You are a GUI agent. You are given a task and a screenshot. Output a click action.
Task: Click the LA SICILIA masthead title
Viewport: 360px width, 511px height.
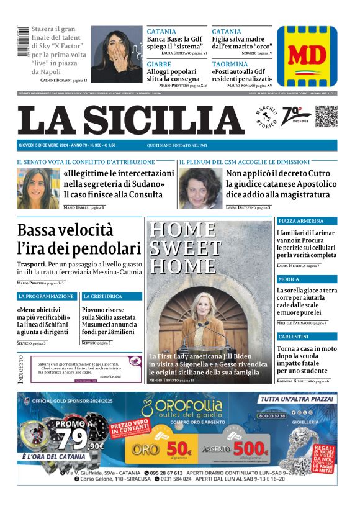click(x=130, y=119)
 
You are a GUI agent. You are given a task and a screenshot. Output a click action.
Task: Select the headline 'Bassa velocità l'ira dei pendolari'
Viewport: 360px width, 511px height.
click(x=79, y=239)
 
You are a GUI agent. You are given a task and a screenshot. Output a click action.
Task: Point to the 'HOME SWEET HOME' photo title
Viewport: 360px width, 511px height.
click(x=184, y=247)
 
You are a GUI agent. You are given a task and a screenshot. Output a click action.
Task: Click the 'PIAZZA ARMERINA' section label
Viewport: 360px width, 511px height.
click(x=301, y=221)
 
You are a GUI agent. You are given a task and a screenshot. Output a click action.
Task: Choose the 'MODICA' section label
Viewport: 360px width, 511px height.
click(x=288, y=279)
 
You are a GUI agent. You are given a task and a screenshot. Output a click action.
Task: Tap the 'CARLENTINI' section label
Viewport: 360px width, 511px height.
click(x=294, y=336)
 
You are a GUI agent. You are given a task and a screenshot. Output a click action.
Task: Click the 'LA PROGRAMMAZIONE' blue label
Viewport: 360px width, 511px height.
click(x=46, y=297)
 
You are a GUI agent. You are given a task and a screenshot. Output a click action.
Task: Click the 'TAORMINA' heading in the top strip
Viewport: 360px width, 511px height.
click(x=230, y=64)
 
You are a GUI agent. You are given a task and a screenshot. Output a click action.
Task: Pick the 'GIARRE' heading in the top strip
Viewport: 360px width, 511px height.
click(x=159, y=64)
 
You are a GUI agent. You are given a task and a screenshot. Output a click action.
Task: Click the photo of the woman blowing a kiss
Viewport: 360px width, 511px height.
click(x=117, y=54)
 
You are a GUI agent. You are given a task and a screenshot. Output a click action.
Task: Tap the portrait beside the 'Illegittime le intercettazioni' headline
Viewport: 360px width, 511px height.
click(x=38, y=188)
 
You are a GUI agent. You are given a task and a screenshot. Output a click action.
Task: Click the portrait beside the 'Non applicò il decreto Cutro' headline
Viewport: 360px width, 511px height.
click(x=200, y=188)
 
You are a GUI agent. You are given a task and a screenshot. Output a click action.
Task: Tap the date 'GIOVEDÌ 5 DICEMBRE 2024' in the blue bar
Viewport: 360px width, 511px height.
click(x=45, y=145)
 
